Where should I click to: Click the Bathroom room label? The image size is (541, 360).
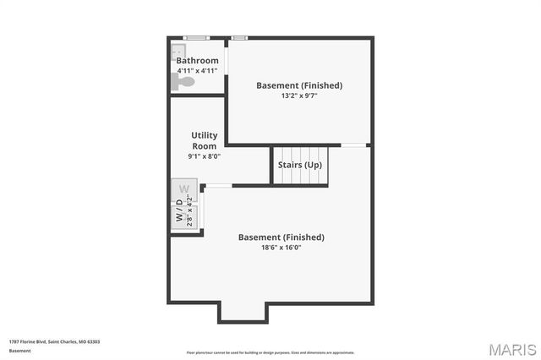pos(197,61)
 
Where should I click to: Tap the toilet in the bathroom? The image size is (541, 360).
pos(181,81)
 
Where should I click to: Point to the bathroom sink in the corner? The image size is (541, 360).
pos(177,50)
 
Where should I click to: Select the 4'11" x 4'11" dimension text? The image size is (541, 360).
pos(197,71)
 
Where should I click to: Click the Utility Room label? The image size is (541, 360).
pos(205,140)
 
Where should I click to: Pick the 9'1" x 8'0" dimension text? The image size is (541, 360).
pos(204,156)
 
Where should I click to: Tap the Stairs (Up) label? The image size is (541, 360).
pos(300,165)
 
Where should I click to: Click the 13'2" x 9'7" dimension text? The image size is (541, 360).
pos(299,96)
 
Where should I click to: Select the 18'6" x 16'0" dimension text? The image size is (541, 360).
pos(281,248)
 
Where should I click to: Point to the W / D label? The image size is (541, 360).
pos(179,211)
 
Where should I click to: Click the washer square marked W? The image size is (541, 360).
pos(184,188)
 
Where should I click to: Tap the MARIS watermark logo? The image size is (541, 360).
pos(512,349)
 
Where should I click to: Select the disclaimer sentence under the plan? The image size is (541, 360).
pos(270,352)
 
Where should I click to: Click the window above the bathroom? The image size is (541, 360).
pos(197,37)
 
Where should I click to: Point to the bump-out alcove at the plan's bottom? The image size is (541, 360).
pos(243,312)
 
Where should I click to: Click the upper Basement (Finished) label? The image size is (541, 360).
pos(299,85)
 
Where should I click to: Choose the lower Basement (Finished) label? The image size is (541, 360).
pos(281,237)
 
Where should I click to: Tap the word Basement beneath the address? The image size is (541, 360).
pos(19,350)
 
